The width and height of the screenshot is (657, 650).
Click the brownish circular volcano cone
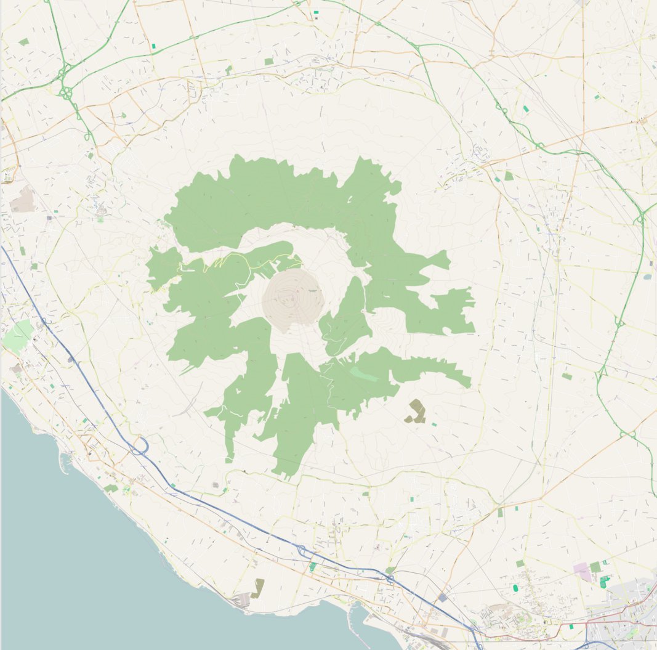click(x=293, y=300)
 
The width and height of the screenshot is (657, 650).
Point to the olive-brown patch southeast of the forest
click(x=416, y=412)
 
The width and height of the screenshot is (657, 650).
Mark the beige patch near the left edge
click(x=23, y=200)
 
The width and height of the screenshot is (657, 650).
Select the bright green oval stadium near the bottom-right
click(x=515, y=588)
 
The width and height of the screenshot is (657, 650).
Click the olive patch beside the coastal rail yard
click(x=257, y=588)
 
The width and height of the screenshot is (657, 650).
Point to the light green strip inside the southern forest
click(x=363, y=373)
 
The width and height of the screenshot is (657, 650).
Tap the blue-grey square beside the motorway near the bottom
click(x=442, y=598)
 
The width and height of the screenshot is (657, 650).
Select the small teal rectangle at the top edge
click(x=316, y=12)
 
